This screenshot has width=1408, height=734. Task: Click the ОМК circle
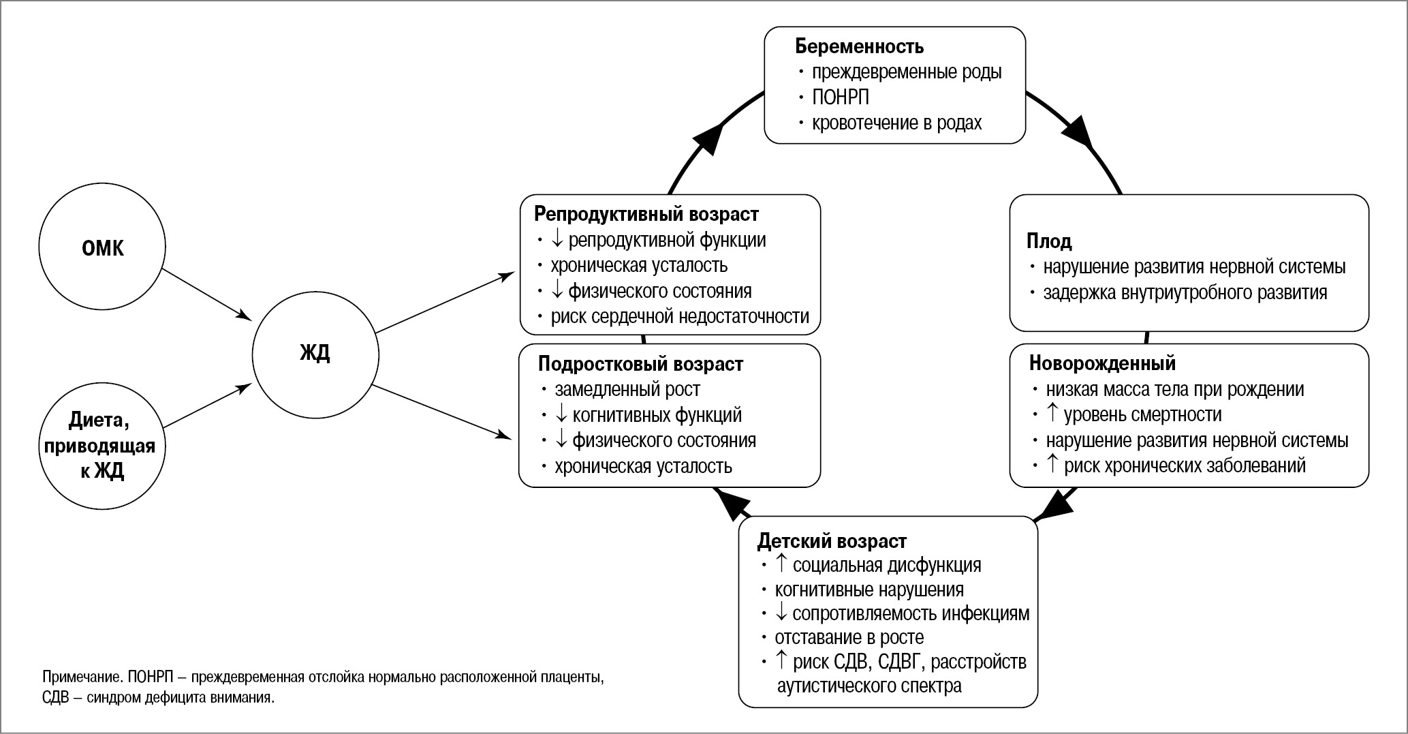(102, 247)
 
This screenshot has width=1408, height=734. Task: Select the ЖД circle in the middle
(315, 354)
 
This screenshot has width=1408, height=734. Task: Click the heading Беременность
(859, 46)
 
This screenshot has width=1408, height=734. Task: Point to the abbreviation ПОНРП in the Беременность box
(840, 97)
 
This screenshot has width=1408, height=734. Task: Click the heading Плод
(1049, 241)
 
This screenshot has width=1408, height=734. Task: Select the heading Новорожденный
(1102, 363)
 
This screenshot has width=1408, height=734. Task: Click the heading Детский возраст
(832, 541)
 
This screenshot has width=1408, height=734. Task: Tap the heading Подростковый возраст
(640, 364)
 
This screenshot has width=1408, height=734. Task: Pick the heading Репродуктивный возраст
(646, 214)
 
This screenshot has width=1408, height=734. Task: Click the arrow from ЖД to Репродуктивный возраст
(444, 303)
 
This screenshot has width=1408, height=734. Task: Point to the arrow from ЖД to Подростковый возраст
(443, 412)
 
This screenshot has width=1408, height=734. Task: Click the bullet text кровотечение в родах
(896, 123)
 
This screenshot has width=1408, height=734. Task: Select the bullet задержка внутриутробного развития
(1185, 293)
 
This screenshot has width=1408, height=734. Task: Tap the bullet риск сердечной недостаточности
(679, 317)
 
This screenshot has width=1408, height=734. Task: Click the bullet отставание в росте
(849, 638)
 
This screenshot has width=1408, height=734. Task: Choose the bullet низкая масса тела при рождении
(1174, 389)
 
